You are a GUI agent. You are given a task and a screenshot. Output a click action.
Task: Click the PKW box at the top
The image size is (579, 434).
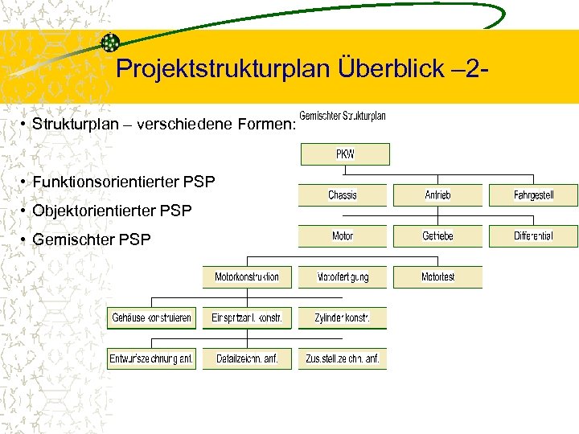(345, 154)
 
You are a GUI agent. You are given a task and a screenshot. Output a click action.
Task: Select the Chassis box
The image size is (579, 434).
(343, 195)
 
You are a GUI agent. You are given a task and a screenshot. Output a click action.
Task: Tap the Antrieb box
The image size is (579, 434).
(437, 195)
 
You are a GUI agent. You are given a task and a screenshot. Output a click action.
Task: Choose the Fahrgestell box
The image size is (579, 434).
(533, 195)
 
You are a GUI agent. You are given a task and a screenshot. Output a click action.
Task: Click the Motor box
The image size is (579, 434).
(343, 236)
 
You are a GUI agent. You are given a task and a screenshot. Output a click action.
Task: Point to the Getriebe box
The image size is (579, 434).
(437, 236)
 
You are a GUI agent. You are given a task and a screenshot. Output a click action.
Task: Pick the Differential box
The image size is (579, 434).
(533, 236)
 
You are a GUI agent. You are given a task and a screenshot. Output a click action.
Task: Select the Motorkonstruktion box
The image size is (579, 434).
(247, 277)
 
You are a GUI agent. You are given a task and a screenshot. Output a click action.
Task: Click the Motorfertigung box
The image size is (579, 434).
(343, 277)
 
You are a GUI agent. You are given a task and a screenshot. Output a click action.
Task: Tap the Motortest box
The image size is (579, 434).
(437, 277)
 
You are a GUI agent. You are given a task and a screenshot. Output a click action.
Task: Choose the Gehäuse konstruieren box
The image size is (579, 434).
(151, 318)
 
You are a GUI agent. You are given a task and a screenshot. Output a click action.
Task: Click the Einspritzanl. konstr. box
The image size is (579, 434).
(247, 318)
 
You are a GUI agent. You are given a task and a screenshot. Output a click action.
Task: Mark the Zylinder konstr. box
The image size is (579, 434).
(343, 318)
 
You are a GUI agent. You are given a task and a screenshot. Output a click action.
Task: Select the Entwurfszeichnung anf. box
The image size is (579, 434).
(151, 359)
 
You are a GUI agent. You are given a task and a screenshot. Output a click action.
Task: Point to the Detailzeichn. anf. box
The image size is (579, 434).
(247, 359)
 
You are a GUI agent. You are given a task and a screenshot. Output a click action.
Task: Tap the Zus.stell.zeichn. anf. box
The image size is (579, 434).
(343, 359)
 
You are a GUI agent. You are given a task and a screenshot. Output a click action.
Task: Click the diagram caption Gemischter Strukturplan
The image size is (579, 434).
(343, 116)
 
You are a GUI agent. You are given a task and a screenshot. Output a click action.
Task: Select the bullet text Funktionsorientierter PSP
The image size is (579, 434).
(124, 182)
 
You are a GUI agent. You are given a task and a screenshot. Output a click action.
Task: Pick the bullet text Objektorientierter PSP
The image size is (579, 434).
(113, 211)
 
